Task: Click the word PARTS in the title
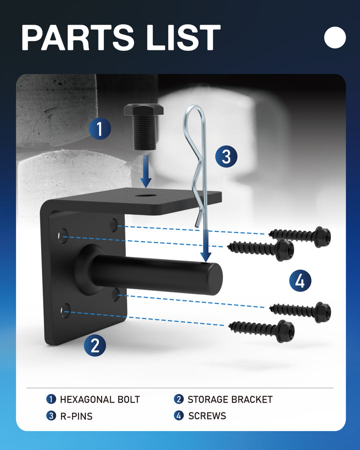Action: [x=78, y=37]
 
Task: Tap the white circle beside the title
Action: [x=335, y=37]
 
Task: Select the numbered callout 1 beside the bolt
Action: [x=99, y=128]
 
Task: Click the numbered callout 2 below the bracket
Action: [x=94, y=345]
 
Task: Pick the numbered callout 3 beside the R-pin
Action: [x=226, y=156]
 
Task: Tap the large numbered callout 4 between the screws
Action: [x=300, y=280]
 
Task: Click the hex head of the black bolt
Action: [x=143, y=109]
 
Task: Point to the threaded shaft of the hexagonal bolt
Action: [x=144, y=132]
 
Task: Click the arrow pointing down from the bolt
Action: [x=146, y=171]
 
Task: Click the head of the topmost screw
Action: [x=322, y=237]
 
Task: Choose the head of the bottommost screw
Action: [x=285, y=331]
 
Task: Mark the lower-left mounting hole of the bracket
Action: [x=65, y=310]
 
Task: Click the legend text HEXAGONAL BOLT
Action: [x=99, y=399]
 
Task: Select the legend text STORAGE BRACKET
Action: [x=230, y=399]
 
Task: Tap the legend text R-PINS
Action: [x=76, y=416]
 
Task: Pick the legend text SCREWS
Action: [x=207, y=416]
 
